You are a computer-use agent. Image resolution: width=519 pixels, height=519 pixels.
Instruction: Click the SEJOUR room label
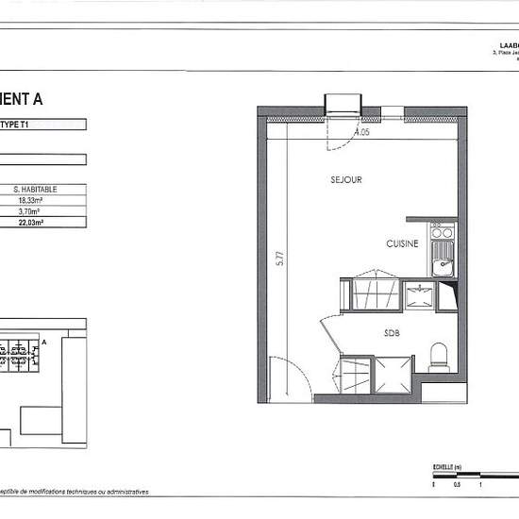pyautogui.click(x=346, y=179)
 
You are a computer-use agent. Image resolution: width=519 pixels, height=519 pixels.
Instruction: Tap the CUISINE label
pyautogui.click(x=401, y=243)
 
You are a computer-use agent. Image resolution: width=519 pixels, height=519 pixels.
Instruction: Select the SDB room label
pyautogui.click(x=391, y=332)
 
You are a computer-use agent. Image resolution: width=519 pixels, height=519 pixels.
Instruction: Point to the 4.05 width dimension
pyautogui.click(x=362, y=132)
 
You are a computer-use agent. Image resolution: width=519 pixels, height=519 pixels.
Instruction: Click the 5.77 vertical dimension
pyautogui.click(x=279, y=260)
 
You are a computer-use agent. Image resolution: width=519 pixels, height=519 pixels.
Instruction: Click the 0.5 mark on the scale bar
pyautogui.click(x=457, y=485)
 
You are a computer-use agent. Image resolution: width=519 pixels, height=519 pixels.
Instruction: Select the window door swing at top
pyautogui.click(x=338, y=132)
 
